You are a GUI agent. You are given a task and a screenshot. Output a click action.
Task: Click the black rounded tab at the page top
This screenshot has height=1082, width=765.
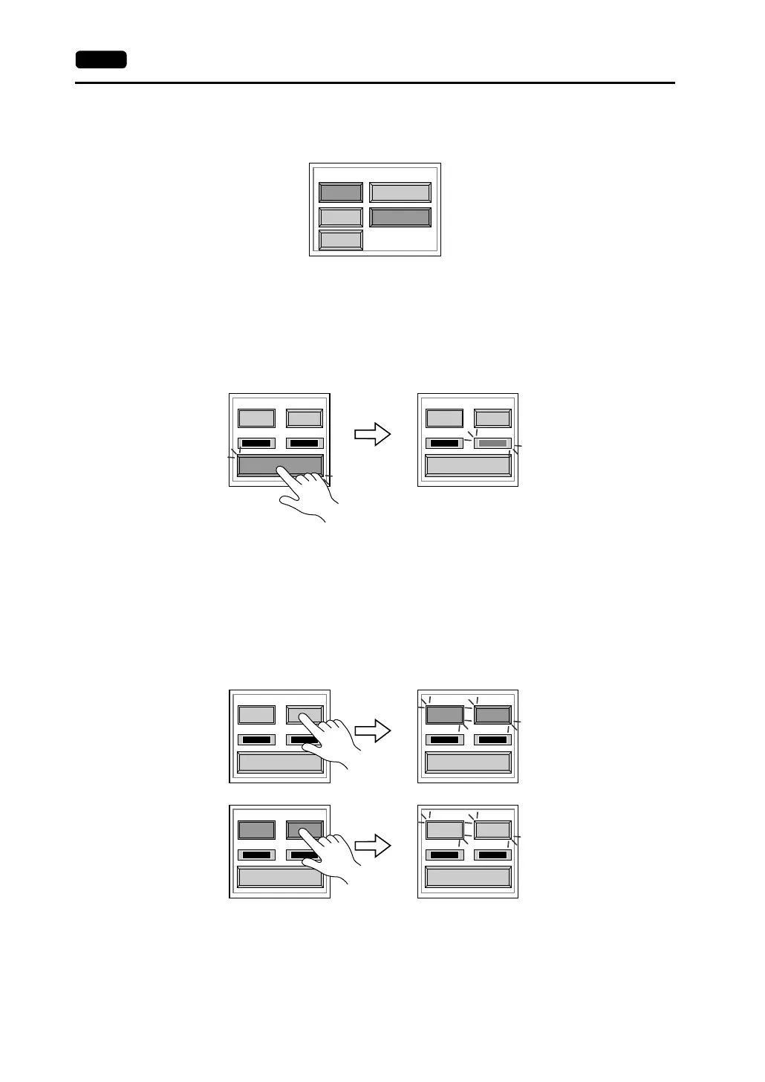[101, 59]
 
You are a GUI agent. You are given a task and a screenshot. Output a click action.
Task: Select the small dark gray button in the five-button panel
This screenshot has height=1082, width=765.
[341, 192]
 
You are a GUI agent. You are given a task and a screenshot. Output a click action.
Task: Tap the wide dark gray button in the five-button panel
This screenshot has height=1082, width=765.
[400, 217]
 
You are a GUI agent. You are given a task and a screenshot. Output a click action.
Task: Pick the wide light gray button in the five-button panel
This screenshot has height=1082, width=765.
[400, 192]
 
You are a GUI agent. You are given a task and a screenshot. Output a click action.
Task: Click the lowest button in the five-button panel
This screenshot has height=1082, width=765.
[341, 240]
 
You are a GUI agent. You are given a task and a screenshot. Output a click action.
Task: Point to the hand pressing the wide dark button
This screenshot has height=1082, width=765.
[308, 494]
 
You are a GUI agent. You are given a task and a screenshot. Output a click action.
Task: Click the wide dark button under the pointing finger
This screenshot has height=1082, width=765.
[256, 465]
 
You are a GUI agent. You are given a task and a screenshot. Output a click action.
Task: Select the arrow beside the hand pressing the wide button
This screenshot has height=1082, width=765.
[372, 434]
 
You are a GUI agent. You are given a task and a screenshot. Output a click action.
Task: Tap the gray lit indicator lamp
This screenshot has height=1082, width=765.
[492, 444]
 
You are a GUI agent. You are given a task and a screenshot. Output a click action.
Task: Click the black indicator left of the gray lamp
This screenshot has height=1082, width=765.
[445, 444]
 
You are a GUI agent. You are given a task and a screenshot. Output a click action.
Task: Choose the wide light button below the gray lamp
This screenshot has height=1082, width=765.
[468, 465]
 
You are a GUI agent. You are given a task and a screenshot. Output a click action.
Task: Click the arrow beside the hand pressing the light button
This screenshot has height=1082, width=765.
[372, 730]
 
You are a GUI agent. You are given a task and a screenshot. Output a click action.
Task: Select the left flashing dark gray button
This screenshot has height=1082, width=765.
[444, 715]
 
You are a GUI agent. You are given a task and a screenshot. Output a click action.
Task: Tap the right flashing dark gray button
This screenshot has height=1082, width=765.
[492, 715]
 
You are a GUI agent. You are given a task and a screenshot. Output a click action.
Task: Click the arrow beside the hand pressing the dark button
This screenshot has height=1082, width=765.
[372, 845]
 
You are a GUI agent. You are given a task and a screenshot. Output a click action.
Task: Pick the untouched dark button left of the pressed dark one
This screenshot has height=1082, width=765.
[256, 829]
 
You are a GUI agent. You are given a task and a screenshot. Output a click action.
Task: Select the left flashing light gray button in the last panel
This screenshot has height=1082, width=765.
[444, 829]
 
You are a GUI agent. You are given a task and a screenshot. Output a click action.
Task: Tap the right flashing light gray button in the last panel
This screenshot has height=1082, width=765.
[492, 829]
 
